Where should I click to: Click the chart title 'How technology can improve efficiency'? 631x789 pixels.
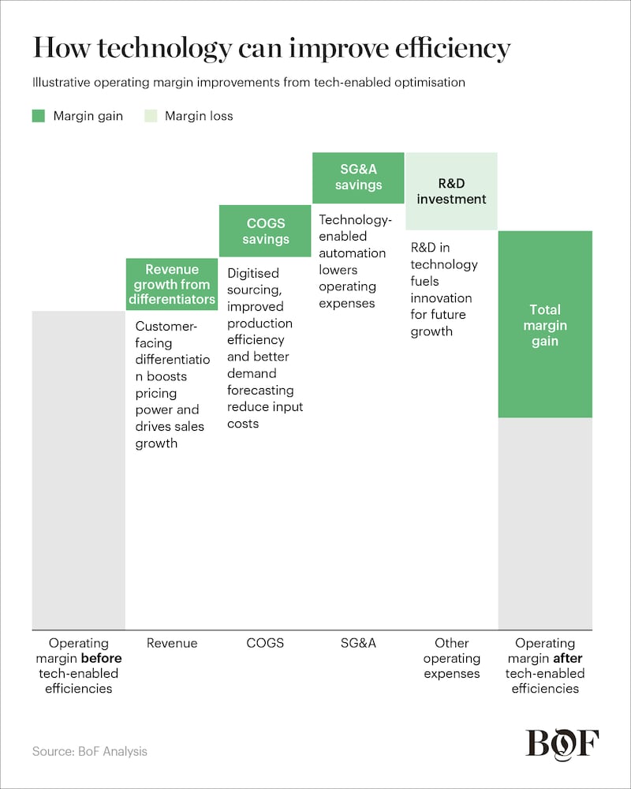[x=271, y=49]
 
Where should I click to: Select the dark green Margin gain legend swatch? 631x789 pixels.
[x=39, y=116]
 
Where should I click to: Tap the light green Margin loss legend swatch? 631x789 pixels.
[x=150, y=116]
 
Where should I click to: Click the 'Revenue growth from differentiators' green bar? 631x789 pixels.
[x=172, y=284]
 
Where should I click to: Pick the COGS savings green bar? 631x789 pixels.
[x=265, y=230]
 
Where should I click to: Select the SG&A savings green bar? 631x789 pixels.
[x=358, y=178]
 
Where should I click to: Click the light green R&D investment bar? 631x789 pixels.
[x=451, y=191]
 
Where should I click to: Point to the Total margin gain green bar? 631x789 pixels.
[x=544, y=324]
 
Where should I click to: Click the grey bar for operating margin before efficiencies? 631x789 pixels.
[x=78, y=469]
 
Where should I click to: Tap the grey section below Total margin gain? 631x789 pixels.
[x=544, y=522]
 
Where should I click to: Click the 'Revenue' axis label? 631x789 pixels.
[x=172, y=643]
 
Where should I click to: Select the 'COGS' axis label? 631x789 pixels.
[x=265, y=643]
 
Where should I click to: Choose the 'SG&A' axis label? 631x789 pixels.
[x=358, y=643]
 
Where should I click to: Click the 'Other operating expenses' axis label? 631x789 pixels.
[x=451, y=658]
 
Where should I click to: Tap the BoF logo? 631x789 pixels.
[x=562, y=744]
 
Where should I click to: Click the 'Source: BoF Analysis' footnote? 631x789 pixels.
[x=89, y=751]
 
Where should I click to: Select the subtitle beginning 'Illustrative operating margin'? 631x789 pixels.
[x=248, y=82]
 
